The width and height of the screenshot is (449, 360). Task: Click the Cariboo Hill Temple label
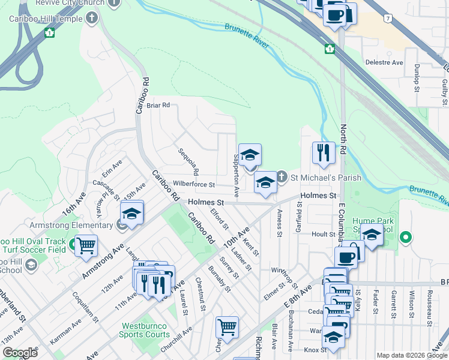(x=45, y=19)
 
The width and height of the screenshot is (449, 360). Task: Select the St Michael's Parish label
(x=326, y=178)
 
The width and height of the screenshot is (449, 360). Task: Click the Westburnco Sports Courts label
(x=144, y=330)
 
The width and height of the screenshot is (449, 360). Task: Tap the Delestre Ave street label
(x=384, y=62)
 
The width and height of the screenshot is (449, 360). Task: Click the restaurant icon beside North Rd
(x=324, y=153)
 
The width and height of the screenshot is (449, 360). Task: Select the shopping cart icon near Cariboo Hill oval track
(x=86, y=245)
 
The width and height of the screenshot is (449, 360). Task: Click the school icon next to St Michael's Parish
(x=265, y=182)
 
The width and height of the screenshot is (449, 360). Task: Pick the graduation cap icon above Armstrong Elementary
(x=132, y=212)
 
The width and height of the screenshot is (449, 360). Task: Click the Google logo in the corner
(x=20, y=353)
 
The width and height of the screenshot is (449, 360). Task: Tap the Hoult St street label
(x=322, y=234)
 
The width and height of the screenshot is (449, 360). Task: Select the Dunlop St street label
(x=416, y=79)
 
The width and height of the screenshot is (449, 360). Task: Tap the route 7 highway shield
(x=390, y=19)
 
